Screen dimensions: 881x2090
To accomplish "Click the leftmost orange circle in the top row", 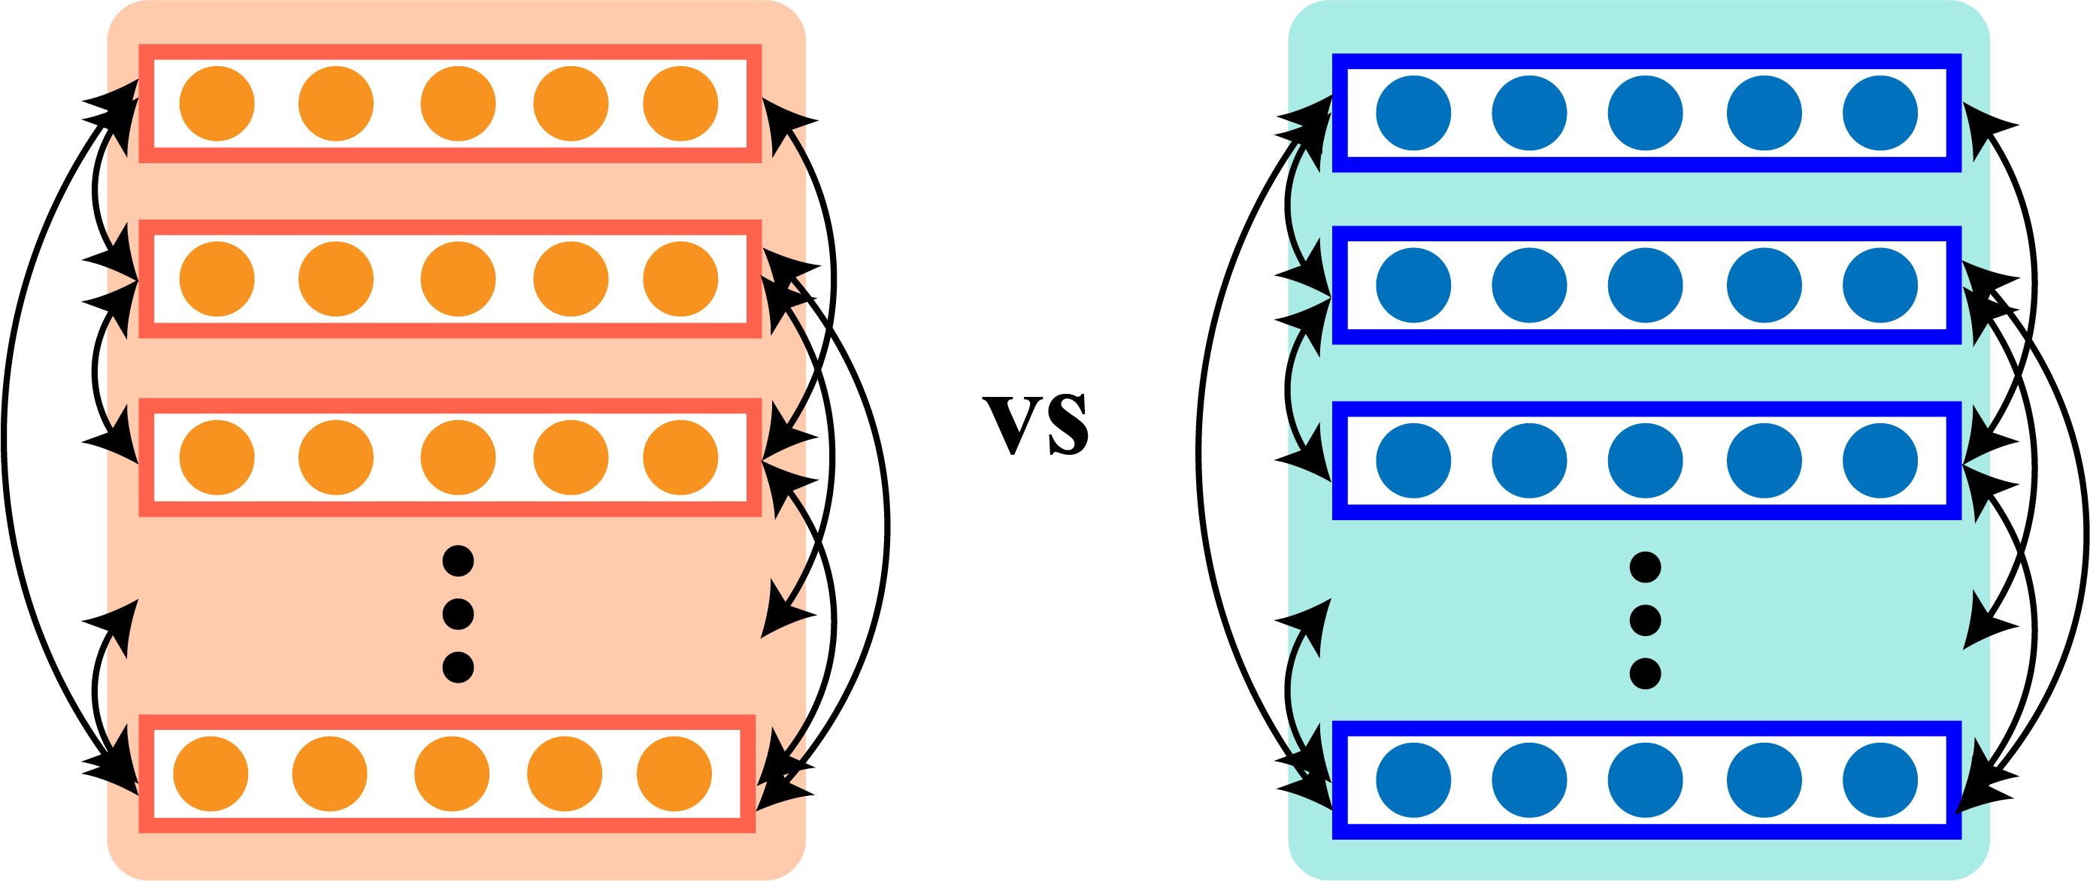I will pyautogui.click(x=217, y=104).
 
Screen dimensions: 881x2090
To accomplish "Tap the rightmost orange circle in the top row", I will pyautogui.click(x=680, y=104).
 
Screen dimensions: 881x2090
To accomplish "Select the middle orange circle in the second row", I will pyautogui.click(x=458, y=279).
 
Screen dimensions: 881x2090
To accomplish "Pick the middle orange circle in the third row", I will pyautogui.click(x=458, y=458).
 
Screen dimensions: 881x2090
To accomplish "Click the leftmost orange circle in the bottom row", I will pyautogui.click(x=211, y=774).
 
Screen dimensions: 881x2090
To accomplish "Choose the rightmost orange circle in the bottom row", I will pyautogui.click(x=674, y=774).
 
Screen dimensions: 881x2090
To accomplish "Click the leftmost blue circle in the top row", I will pyautogui.click(x=1413, y=113).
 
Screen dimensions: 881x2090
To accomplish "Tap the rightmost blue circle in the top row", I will pyautogui.click(x=1879, y=113).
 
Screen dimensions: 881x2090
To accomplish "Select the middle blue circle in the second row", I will pyautogui.click(x=1646, y=286).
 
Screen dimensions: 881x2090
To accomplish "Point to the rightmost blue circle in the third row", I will pyautogui.click(x=1879, y=461).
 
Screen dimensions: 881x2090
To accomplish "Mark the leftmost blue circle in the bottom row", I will pyautogui.click(x=1413, y=780).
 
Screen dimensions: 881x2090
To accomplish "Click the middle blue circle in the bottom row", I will pyautogui.click(x=1646, y=780).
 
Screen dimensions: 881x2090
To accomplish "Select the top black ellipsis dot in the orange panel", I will pyautogui.click(x=459, y=561).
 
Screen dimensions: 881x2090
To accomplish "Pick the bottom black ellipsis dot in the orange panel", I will pyautogui.click(x=459, y=667).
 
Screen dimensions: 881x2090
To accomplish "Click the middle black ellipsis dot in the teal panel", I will pyautogui.click(x=1646, y=621).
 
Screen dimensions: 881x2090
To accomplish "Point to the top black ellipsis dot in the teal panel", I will pyautogui.click(x=1646, y=567).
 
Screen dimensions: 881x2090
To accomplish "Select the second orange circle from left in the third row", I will pyautogui.click(x=336, y=458).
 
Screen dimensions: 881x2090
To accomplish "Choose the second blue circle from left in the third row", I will pyautogui.click(x=1529, y=461).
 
